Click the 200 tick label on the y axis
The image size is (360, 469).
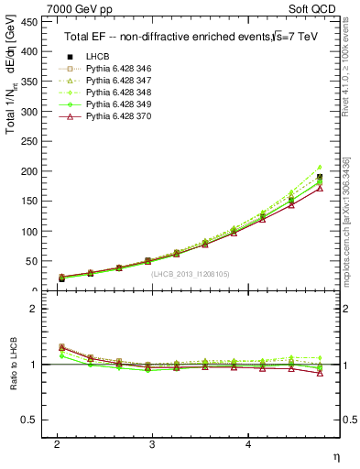pyautogui.click(x=29, y=171)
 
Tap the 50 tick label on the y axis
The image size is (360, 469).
pyautogui.click(x=32, y=261)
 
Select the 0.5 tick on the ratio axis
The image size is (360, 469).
pyautogui.click(x=29, y=420)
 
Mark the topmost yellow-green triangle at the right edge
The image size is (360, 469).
pyautogui.click(x=320, y=168)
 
